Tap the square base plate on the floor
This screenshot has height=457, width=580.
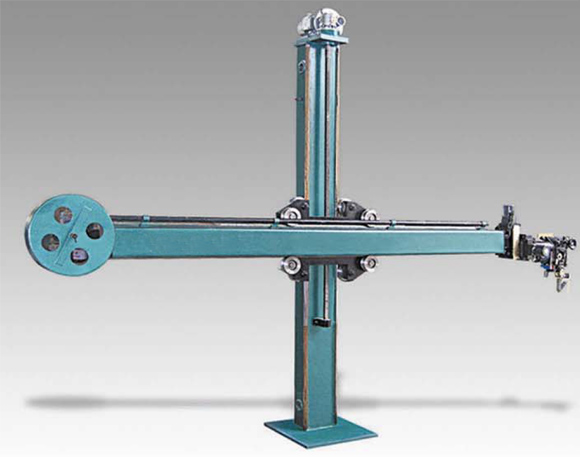tap(320, 430)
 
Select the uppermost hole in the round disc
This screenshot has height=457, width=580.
tap(63, 214)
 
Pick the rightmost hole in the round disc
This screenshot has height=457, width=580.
tap(94, 231)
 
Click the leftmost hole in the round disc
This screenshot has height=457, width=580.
tap(46, 240)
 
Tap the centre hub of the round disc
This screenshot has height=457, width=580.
tap(69, 235)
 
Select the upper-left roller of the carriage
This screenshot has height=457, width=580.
tap(290, 213)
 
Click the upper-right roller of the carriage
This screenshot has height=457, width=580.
tap(366, 213)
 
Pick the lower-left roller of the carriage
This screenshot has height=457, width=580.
tap(290, 264)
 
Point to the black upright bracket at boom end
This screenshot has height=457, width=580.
tap(508, 220)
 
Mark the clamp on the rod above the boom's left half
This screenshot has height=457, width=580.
tap(145, 217)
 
